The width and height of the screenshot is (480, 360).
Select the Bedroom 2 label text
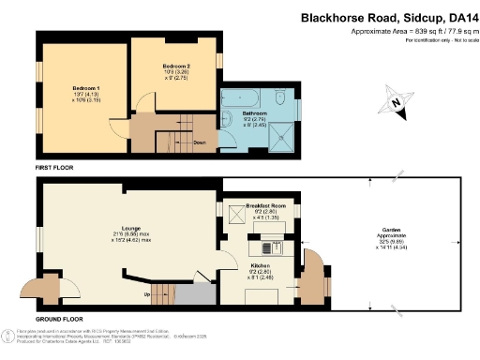pyautogui.click(x=176, y=67)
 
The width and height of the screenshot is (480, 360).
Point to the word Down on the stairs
pyautogui.click(x=200, y=143)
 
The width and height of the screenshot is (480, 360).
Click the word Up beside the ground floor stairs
pyautogui.click(x=145, y=294)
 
